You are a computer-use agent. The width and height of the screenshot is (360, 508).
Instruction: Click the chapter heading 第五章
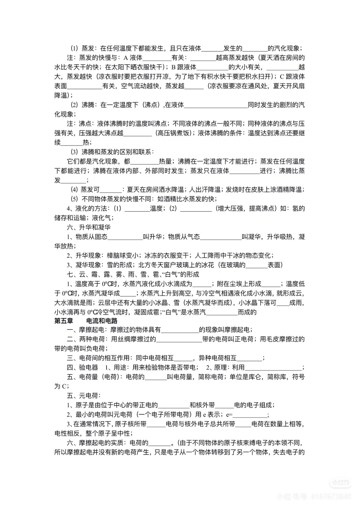[64, 321]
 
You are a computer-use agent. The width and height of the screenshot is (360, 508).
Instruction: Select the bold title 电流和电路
[102, 321]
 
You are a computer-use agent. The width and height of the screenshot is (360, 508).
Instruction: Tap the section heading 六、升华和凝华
[88, 227]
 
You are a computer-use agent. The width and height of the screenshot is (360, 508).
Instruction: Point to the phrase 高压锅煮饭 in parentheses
[174, 133]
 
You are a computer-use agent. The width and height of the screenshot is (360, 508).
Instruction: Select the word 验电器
[88, 367]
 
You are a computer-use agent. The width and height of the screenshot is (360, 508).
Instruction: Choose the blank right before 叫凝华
[220, 237]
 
